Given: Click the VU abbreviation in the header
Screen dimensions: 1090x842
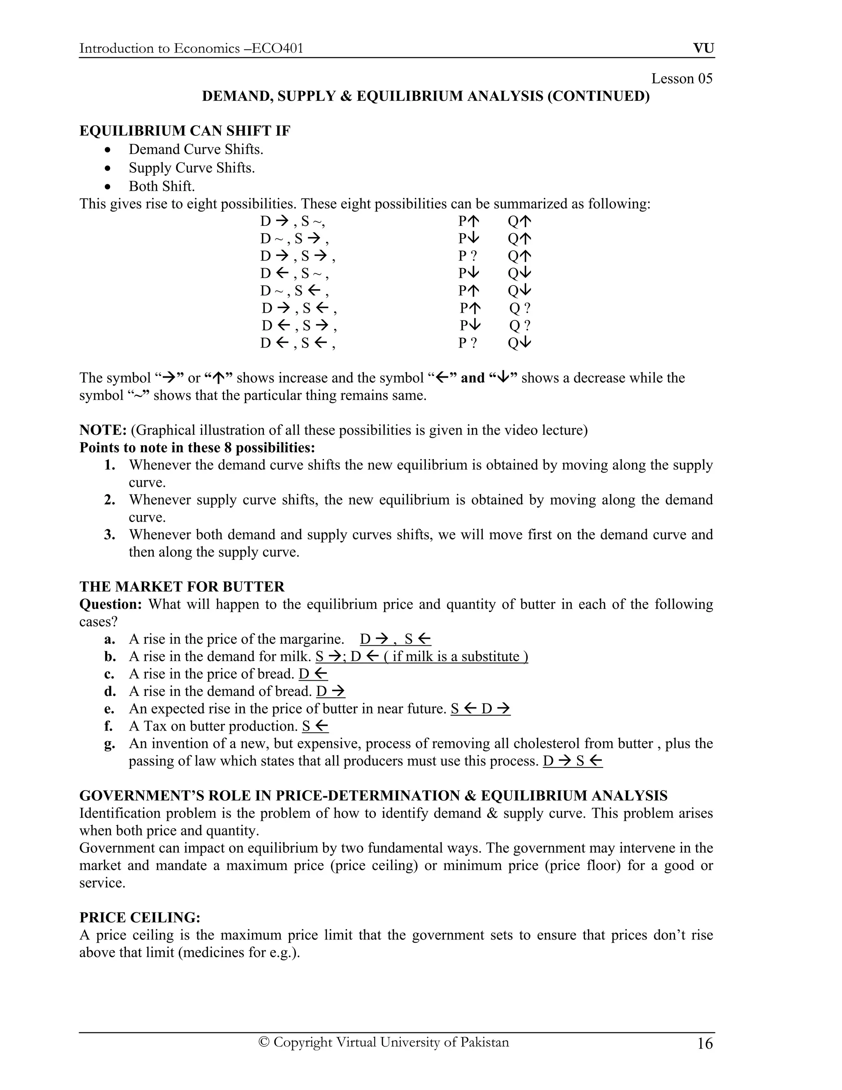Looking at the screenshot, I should click(703, 49).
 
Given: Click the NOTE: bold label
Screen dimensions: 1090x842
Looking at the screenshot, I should click(103, 430).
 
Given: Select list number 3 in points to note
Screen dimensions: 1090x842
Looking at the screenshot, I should click(110, 535).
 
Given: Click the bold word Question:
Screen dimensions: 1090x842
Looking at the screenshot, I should click(111, 604).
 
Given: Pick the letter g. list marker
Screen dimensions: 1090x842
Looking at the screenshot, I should click(109, 744).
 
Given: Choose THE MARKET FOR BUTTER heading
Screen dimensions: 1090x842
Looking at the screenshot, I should click(182, 587).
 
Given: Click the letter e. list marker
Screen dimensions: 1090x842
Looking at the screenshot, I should click(109, 709).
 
